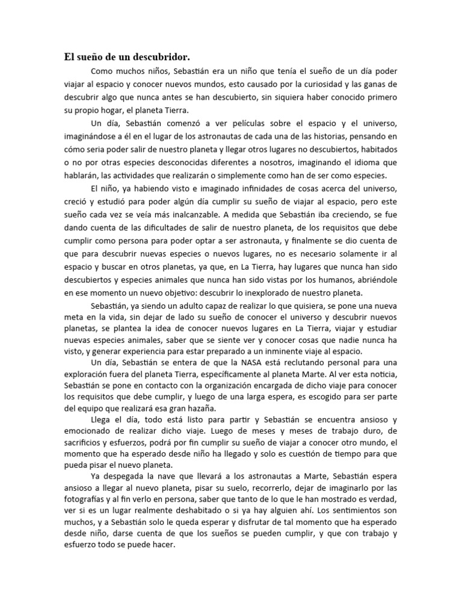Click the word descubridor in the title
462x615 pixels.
coord(161,58)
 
